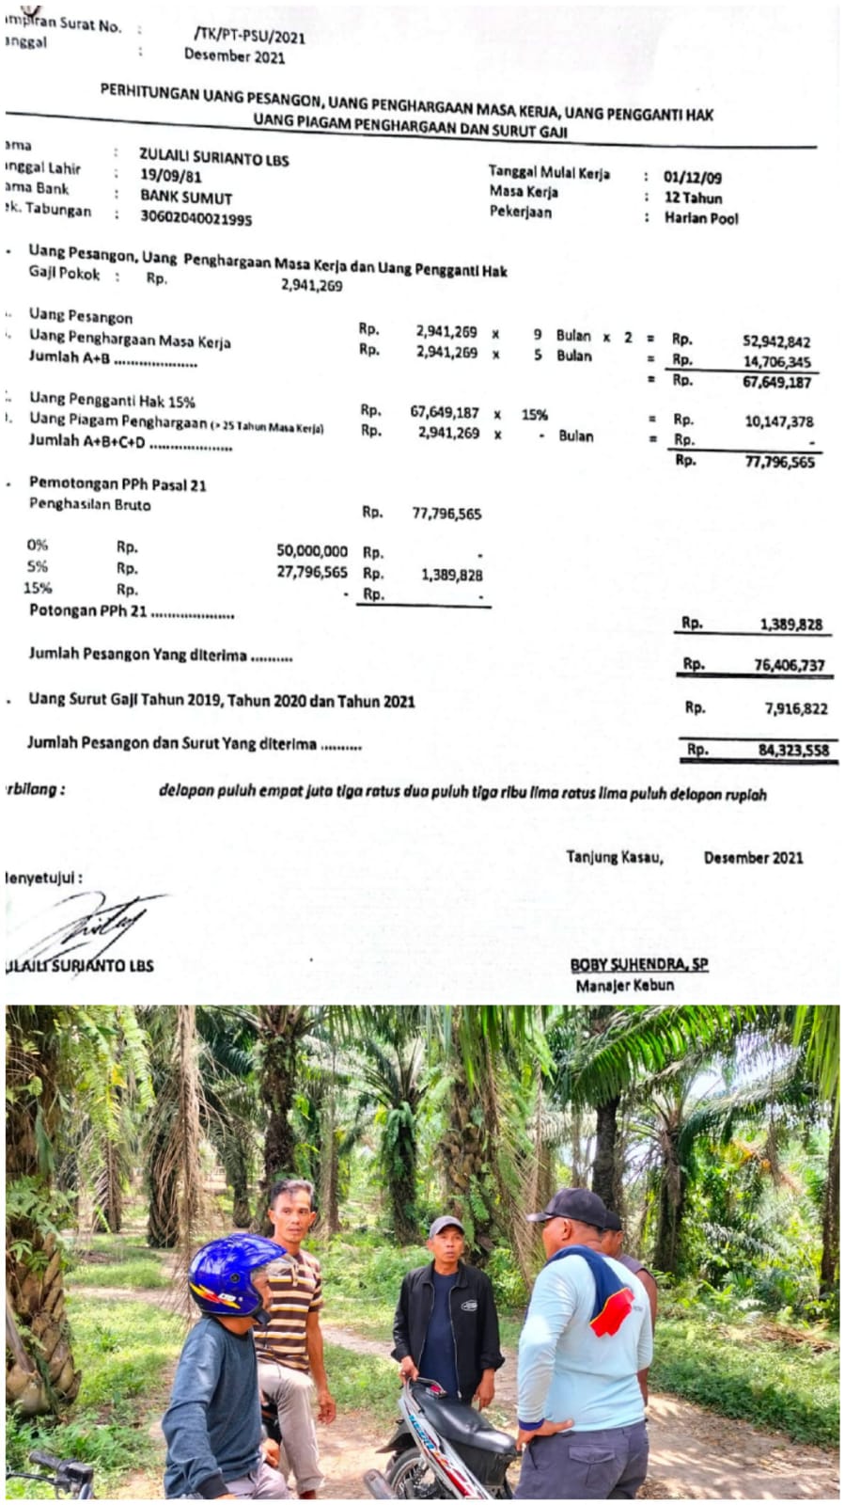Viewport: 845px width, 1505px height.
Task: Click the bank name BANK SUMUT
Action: pos(186,198)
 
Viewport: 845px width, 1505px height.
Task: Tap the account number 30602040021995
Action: pos(196,218)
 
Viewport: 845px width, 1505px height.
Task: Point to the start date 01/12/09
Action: pos(692,177)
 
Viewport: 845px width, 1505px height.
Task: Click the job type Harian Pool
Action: pos(701,218)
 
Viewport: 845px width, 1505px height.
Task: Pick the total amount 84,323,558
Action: pos(793,750)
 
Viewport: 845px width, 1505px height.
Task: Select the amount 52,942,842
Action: pos(776,341)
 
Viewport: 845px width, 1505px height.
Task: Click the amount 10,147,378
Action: pos(779,421)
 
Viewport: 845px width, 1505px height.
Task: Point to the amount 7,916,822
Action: pos(795,708)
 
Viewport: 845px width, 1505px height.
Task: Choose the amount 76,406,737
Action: pos(789,665)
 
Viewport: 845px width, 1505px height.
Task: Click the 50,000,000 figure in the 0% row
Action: pos(311,551)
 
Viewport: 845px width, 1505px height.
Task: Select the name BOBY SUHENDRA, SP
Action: pos(638,965)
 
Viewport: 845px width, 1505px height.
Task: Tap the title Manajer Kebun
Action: pos(624,986)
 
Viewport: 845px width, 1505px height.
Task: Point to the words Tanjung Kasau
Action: pos(614,857)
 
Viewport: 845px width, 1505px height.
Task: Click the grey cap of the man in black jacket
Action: pos(446,1226)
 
